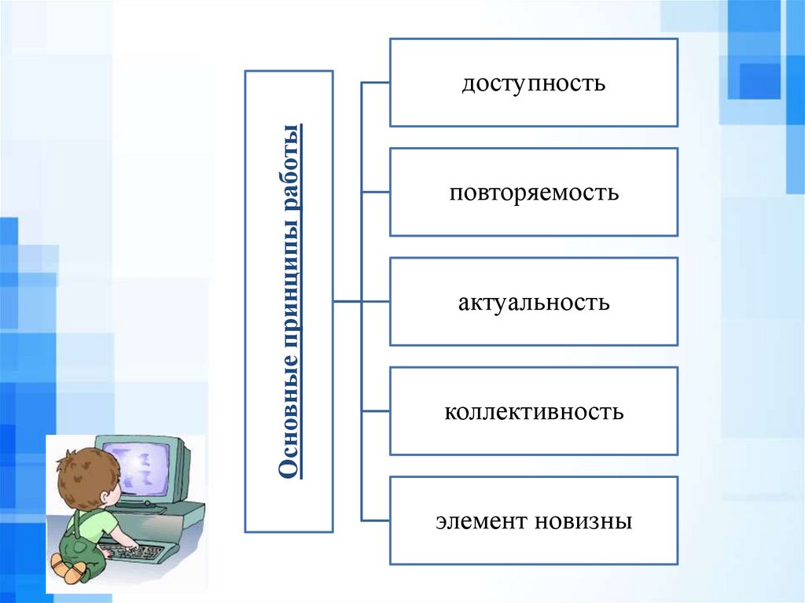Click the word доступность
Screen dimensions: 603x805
coord(533,83)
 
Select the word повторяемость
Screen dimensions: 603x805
coord(534,193)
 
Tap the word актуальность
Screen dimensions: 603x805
coord(534,302)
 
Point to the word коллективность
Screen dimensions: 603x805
coord(534,411)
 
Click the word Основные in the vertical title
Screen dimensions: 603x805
coord(289,423)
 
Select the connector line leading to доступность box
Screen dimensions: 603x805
coord(375,82)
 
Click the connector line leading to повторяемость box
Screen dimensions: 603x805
coord(375,192)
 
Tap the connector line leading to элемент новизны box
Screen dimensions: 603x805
coord(375,520)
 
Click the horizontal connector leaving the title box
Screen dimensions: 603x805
coord(347,301)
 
